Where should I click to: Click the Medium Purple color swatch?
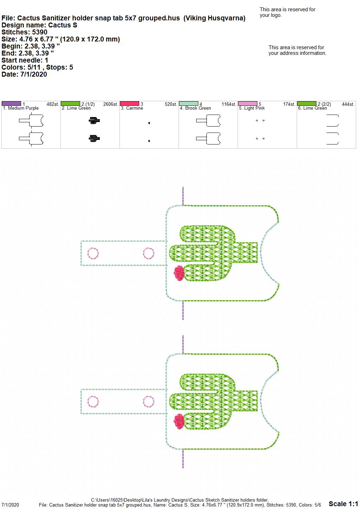[11, 104]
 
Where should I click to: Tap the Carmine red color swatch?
[129, 104]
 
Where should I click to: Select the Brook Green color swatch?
[188, 104]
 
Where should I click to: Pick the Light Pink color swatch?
[247, 104]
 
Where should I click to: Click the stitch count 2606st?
[110, 104]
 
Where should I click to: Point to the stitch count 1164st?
[229, 104]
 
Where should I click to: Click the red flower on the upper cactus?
[179, 273]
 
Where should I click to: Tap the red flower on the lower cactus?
[179, 421]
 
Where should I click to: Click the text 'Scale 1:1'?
[343, 503]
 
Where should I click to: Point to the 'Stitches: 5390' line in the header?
[24, 32]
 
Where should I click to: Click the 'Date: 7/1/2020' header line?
[24, 74]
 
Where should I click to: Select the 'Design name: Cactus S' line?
[39, 25]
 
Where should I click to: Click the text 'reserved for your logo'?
[288, 12]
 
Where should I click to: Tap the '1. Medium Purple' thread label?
[21, 108]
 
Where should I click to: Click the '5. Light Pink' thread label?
[252, 108]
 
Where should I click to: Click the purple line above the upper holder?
[183, 196]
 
